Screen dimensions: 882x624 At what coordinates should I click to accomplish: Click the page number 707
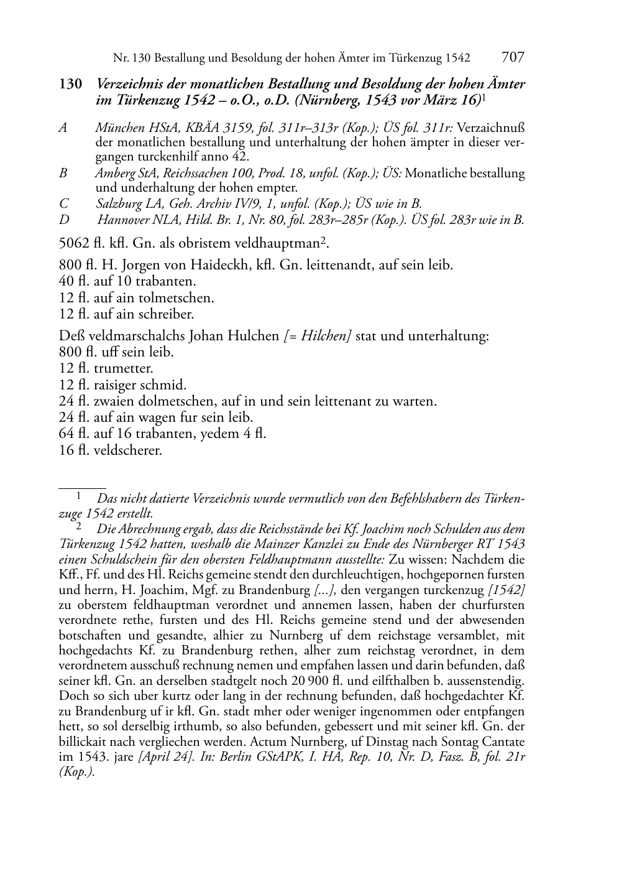click(x=512, y=58)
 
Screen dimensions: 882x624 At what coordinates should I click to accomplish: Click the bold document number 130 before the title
click(x=70, y=85)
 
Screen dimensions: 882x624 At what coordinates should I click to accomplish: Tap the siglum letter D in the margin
click(x=63, y=220)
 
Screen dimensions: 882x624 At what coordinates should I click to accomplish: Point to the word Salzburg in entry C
click(x=119, y=203)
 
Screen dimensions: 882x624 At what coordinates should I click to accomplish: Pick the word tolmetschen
click(x=181, y=298)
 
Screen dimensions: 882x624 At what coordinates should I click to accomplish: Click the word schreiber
click(x=167, y=314)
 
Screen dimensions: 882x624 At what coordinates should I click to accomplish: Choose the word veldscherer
click(x=127, y=450)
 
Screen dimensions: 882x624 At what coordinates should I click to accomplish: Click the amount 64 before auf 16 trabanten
click(x=67, y=434)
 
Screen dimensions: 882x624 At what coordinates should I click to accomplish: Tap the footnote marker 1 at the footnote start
click(x=78, y=496)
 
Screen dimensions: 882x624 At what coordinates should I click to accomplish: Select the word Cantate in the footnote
click(x=500, y=741)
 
